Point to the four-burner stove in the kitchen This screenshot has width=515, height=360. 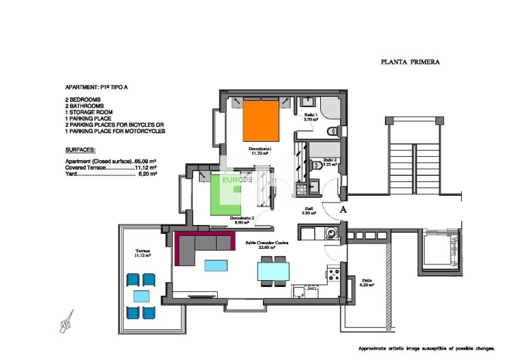334,275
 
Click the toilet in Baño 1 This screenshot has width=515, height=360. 331,131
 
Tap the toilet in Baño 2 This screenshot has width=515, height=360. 317,164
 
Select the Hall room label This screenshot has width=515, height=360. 309,211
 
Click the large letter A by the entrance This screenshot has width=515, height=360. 343,210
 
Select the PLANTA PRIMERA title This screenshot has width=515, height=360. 409,62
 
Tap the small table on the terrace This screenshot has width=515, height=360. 142,296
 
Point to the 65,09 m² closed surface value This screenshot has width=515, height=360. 146,160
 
